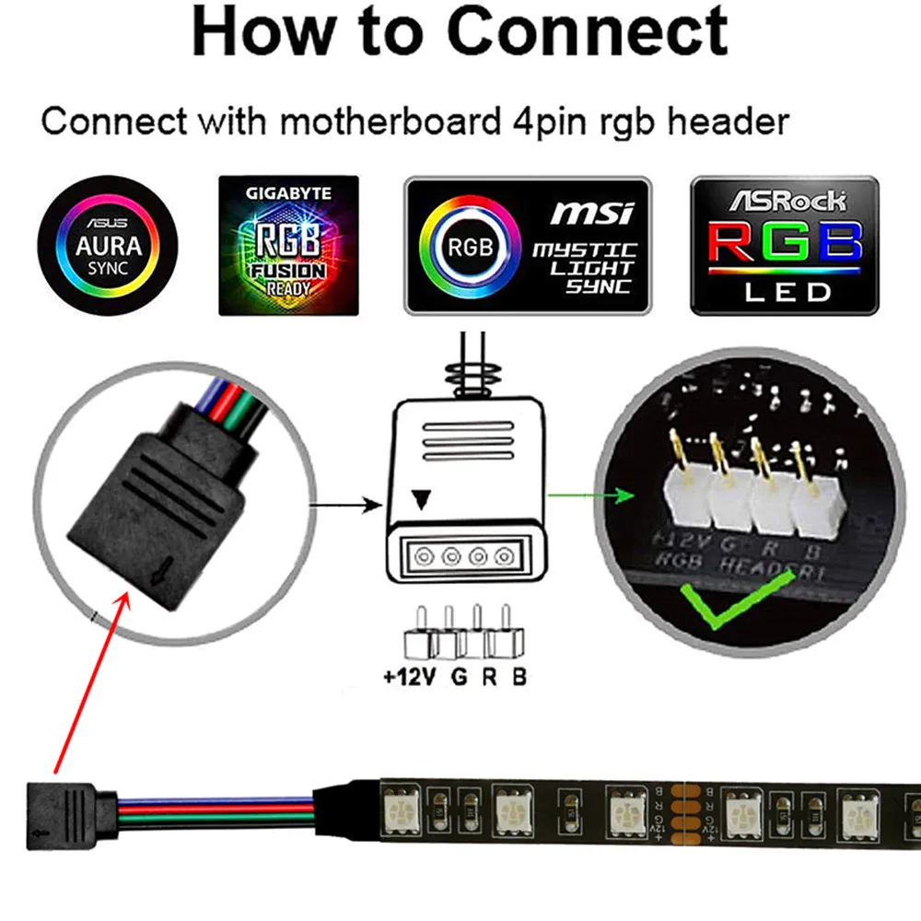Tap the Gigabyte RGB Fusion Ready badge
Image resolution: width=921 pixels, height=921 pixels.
pyautogui.click(x=286, y=245)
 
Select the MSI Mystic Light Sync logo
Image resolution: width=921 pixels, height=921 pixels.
pyautogui.click(x=528, y=246)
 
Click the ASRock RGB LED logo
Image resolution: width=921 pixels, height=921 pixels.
pyautogui.click(x=785, y=246)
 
